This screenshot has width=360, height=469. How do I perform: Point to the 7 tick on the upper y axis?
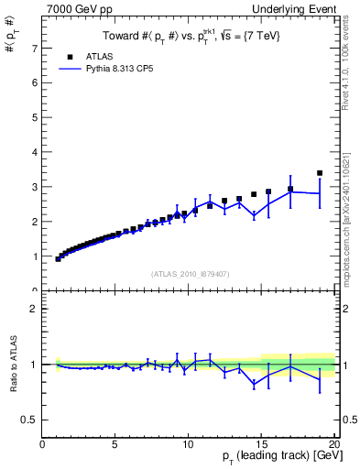tap(35, 48)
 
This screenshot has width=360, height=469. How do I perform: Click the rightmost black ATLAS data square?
tap(320, 172)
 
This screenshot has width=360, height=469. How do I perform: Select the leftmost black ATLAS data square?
tap(59, 259)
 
